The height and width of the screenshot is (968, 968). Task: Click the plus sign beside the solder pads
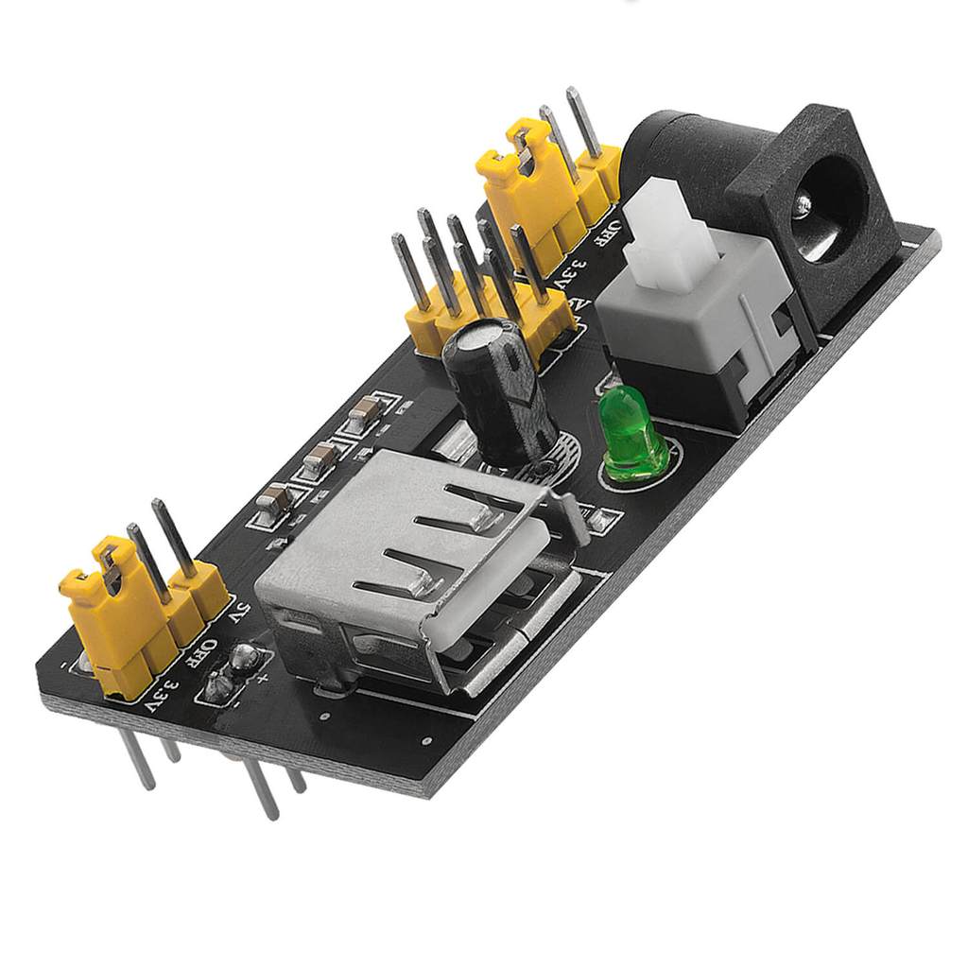point(263,675)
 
